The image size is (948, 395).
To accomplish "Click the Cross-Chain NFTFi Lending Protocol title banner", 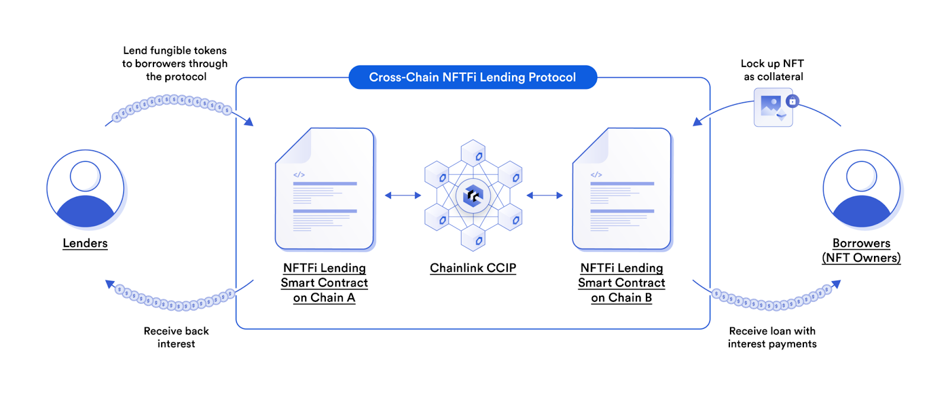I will [x=472, y=77].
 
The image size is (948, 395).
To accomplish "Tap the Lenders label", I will [x=85, y=243].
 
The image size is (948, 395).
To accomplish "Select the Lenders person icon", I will [x=85, y=188].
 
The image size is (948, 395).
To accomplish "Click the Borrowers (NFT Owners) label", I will [x=861, y=251].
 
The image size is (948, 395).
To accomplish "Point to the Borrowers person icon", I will [x=861, y=188].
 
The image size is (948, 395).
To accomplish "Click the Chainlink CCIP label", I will [x=473, y=268].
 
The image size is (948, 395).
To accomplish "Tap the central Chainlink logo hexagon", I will [x=473, y=195].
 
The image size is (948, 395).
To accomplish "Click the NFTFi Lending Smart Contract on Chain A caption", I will [x=324, y=282].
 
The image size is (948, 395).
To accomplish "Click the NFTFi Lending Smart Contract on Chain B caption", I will [x=622, y=282].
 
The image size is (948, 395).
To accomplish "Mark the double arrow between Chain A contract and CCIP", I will [x=403, y=195].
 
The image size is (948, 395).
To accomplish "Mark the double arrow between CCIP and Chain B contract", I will [x=545, y=195].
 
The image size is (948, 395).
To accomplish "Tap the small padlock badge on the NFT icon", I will [x=792, y=101].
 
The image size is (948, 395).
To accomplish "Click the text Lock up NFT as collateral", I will [x=773, y=70].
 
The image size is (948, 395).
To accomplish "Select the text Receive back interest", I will [x=176, y=337].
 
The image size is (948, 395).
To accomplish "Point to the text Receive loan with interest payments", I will [x=772, y=337].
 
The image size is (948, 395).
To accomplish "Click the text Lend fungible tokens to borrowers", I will [x=175, y=63].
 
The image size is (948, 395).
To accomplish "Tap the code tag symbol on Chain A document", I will [x=299, y=175].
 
